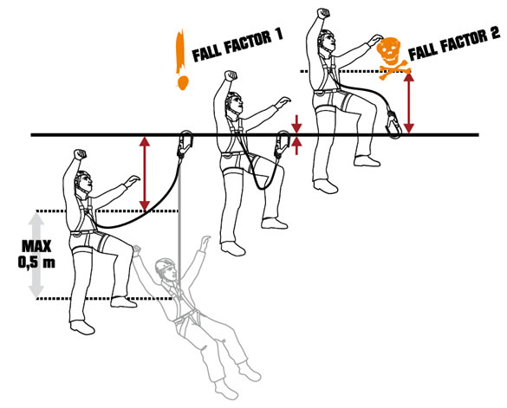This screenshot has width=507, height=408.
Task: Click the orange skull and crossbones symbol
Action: point(392,58)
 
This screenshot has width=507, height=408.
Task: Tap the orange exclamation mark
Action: point(181,60)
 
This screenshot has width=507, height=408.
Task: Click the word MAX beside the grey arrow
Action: point(36,247)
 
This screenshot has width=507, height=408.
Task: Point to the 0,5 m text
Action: point(36,262)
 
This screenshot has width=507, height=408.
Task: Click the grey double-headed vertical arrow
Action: point(36,255)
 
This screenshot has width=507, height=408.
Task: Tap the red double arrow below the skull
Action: point(409,103)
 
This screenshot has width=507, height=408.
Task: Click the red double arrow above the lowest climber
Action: point(145,173)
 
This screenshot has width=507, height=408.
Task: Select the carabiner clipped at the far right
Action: point(393,125)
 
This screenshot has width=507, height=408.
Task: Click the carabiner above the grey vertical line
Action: point(185,144)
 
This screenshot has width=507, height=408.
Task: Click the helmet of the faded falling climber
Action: point(165,265)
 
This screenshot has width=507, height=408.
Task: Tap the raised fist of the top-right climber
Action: point(322,13)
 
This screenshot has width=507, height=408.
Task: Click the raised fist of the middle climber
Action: point(231,75)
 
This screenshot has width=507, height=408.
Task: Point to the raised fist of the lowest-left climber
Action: point(80,154)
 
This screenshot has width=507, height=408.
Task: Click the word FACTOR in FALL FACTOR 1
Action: point(247,42)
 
